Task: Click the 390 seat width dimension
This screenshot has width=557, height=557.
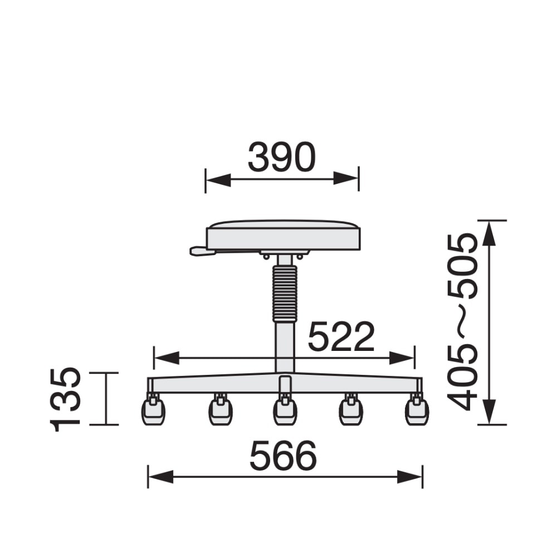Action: click(282, 157)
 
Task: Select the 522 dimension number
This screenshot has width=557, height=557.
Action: click(341, 336)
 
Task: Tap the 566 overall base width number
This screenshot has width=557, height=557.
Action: click(283, 456)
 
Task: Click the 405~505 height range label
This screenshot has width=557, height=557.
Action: click(461, 322)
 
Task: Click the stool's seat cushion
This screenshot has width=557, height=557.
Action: click(284, 235)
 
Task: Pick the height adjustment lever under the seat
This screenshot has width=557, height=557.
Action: click(203, 251)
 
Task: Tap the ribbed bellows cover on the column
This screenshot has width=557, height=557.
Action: click(285, 293)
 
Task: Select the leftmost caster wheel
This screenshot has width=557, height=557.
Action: click(154, 412)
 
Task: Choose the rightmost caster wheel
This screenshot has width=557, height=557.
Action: click(417, 412)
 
